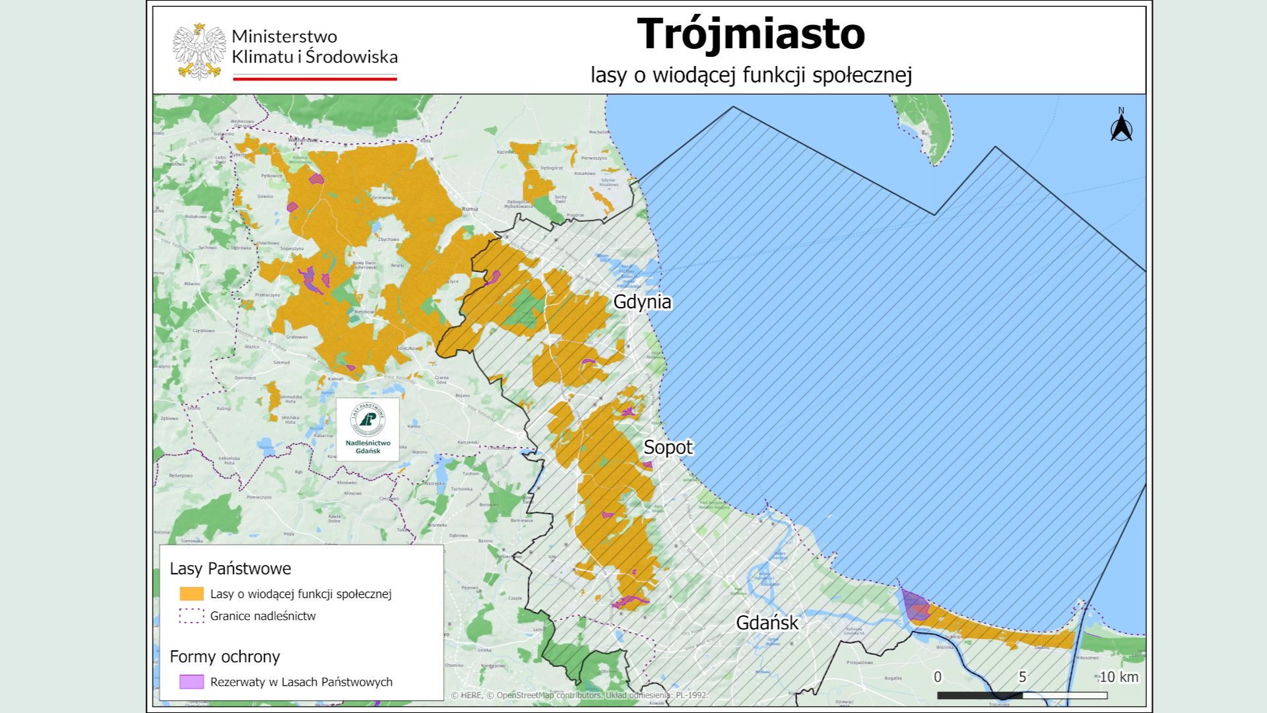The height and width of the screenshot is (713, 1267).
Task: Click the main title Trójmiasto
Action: (x=750, y=34)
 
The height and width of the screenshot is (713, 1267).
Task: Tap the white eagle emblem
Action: (x=199, y=51)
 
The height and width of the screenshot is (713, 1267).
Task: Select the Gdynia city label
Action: (x=642, y=302)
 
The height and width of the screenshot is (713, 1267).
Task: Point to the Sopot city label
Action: (x=668, y=448)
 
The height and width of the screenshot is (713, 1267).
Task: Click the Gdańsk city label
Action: (x=767, y=623)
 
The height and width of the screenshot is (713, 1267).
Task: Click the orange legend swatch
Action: (x=191, y=594)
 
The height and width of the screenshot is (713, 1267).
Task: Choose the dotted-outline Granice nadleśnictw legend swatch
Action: (x=191, y=616)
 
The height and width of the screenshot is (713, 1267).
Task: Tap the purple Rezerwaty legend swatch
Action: (x=191, y=682)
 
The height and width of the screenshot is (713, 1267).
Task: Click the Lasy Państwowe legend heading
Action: (x=230, y=568)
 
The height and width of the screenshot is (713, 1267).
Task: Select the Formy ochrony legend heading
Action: (x=225, y=657)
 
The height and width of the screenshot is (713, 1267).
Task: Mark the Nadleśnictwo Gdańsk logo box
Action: (x=368, y=429)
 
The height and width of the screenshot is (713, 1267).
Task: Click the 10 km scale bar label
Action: (x=1119, y=677)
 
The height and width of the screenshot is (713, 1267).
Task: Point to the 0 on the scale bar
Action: (x=938, y=677)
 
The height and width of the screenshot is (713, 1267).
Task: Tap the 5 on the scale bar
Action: (x=1022, y=677)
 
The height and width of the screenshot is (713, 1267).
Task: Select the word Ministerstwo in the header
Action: (x=284, y=36)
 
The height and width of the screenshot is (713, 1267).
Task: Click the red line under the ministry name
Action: (x=315, y=79)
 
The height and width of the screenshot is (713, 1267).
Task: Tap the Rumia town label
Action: (x=470, y=209)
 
